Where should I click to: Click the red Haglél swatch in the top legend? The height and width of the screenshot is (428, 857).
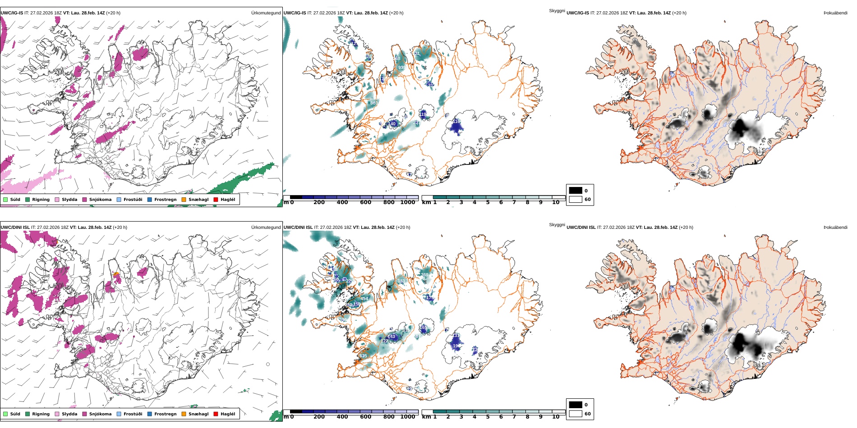pos(216,200)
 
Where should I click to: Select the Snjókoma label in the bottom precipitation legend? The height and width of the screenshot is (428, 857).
pos(100,414)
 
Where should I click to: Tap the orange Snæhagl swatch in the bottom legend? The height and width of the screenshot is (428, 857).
pos(184,414)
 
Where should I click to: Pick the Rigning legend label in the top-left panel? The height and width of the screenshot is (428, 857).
pos(41,200)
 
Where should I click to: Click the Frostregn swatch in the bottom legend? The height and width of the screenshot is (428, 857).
pos(149,414)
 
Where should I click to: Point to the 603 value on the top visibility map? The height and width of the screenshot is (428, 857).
pos(374,103)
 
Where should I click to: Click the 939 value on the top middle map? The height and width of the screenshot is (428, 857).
pos(401,68)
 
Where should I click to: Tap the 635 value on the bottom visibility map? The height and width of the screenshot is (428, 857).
pos(363,356)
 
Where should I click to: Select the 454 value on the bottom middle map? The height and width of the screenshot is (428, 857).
pos(364,299)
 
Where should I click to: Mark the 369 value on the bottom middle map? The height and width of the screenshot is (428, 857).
pos(424,275)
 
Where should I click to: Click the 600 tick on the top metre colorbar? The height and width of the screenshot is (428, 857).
pos(365,202)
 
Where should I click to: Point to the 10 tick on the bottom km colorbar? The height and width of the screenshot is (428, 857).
pos(556,417)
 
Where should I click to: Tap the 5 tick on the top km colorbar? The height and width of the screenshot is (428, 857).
pos(488,202)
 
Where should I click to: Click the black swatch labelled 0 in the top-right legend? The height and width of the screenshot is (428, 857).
pos(576,191)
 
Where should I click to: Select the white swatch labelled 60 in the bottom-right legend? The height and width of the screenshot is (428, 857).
pos(576,414)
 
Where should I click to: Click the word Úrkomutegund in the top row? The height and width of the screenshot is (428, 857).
pos(266,13)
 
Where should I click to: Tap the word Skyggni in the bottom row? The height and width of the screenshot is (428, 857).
pos(557,225)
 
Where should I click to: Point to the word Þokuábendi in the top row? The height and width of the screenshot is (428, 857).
pos(835,13)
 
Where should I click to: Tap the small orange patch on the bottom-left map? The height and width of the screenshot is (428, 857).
pos(116,274)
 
